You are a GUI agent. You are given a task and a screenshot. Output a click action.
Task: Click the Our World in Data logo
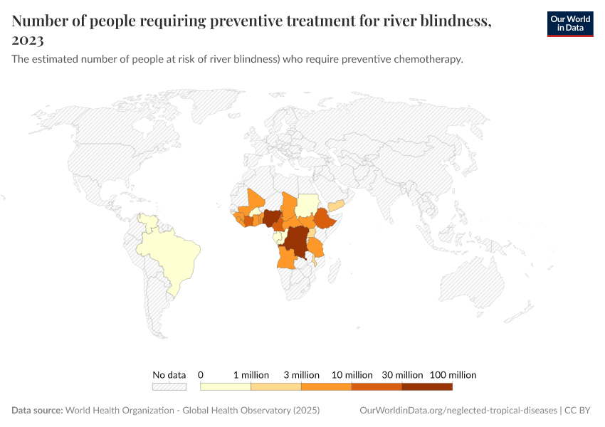[x=570, y=23]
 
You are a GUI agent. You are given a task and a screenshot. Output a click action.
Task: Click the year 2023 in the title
[x=28, y=41]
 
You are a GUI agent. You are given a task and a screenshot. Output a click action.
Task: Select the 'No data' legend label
[x=169, y=374]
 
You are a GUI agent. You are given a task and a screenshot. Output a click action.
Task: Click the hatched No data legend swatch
[x=169, y=387]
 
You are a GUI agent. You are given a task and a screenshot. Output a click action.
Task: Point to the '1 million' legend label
[x=251, y=374]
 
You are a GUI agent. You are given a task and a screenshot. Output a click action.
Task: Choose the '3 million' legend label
[x=301, y=374]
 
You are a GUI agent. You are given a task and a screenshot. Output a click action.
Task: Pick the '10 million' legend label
[x=352, y=374]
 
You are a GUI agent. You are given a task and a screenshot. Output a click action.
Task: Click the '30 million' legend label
[x=401, y=374]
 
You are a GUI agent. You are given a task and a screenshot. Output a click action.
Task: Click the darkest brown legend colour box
[x=427, y=387]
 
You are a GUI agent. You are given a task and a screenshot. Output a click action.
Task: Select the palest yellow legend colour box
[x=226, y=387]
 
